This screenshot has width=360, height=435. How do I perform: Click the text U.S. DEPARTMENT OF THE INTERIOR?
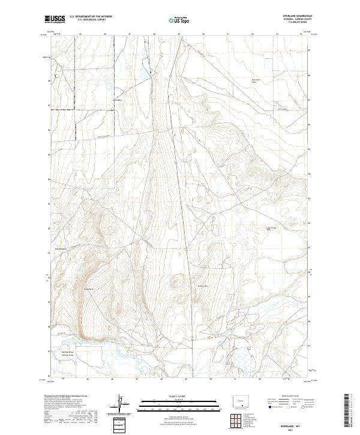91,17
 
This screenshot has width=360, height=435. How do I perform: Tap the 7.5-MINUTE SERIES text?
293,23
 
